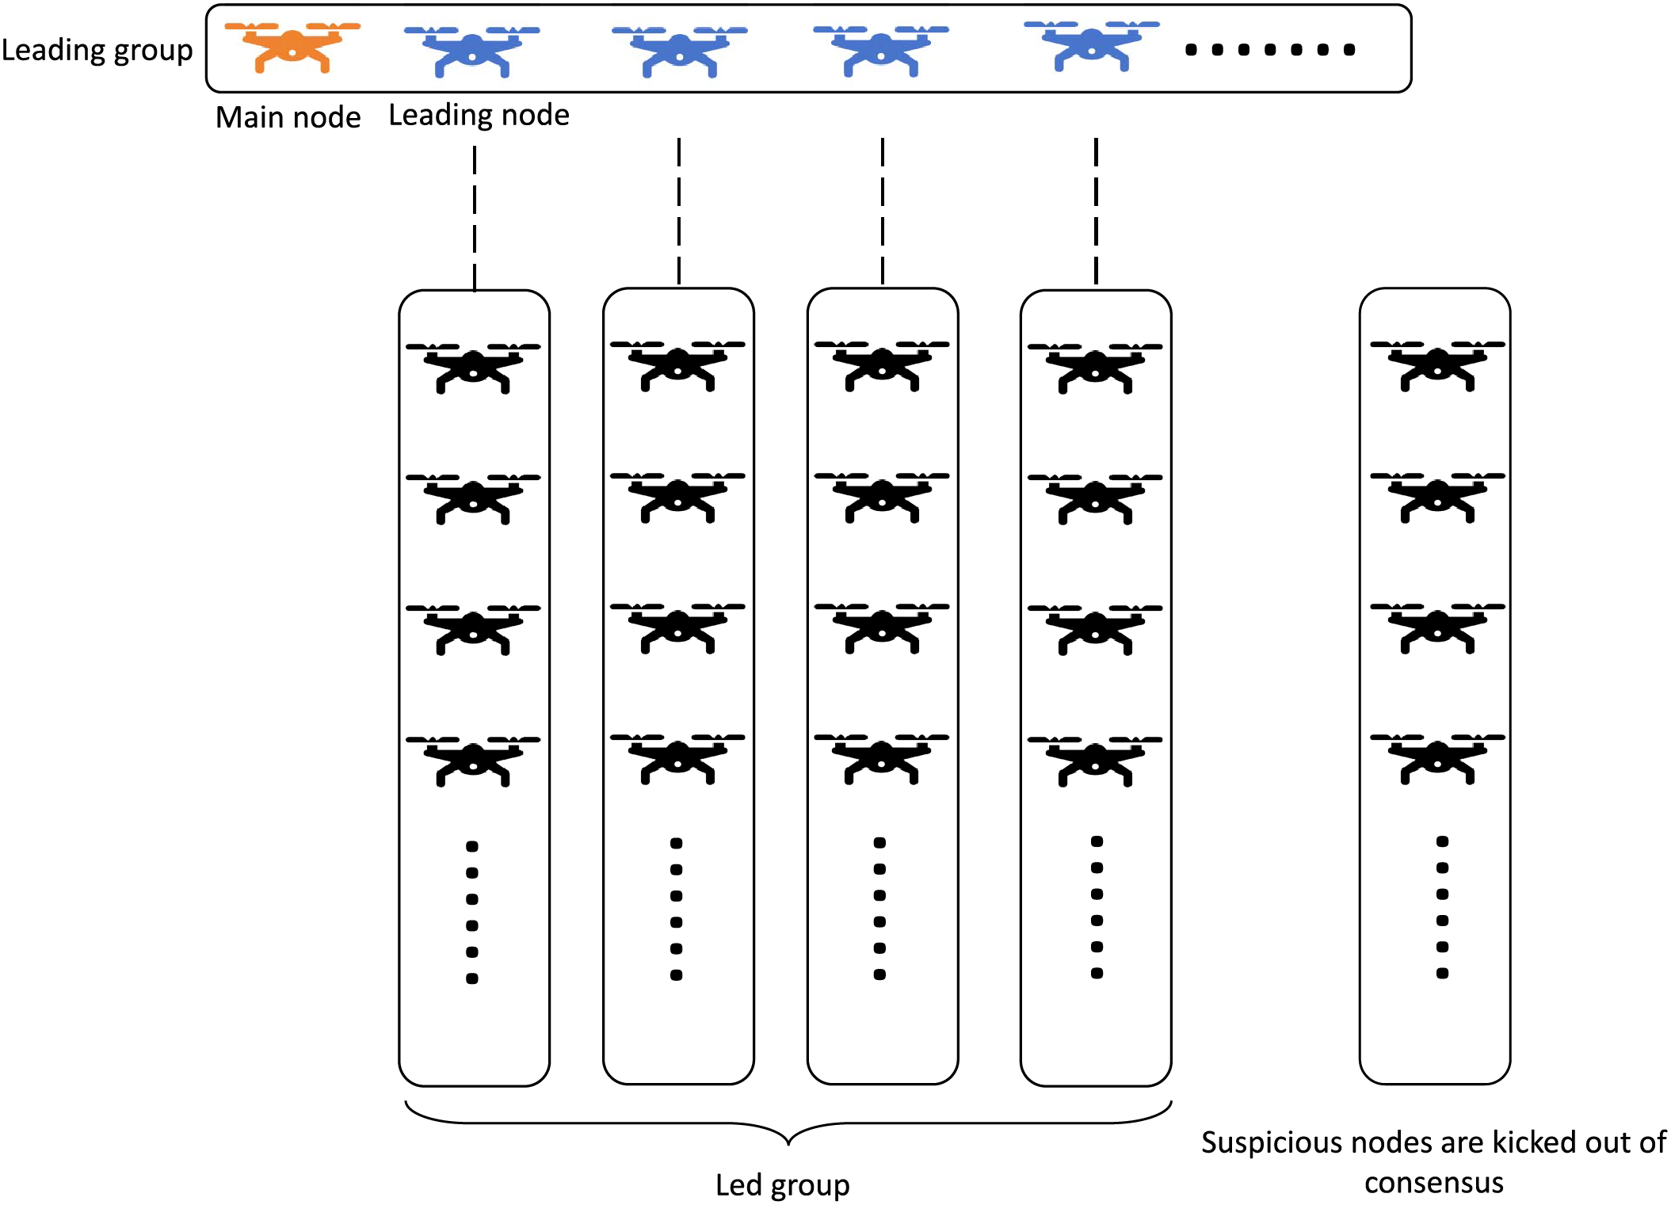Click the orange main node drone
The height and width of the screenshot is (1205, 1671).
pos(292,48)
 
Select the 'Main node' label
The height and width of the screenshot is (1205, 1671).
pos(288,117)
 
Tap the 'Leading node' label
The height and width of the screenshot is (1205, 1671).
pos(479,116)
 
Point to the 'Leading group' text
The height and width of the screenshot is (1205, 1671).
pos(97,51)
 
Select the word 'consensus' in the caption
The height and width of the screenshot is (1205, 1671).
pos(1433,1184)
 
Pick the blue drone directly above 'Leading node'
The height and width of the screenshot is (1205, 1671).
pos(472,51)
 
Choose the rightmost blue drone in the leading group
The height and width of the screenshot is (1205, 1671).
pos(1092,46)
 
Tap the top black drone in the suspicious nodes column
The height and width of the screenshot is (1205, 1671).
pos(1437,366)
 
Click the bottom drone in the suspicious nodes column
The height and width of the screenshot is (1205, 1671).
pos(1437,759)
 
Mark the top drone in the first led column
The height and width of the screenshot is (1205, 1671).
pos(473,368)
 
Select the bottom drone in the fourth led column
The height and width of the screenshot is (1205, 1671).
pos(1095,761)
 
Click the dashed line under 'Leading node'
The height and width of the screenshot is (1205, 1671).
pos(475,219)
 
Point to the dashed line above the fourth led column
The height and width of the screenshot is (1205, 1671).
pos(1096,212)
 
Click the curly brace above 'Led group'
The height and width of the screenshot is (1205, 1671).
pos(788,1123)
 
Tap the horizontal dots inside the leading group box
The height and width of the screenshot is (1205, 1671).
pos(1270,50)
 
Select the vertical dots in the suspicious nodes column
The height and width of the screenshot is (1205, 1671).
pos(1442,907)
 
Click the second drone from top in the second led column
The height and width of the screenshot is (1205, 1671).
pos(677,498)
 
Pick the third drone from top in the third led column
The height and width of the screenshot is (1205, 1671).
pos(882,628)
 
